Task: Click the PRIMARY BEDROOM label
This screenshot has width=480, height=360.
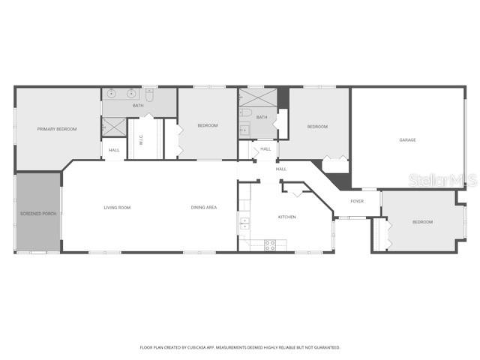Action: pyautogui.click(x=57, y=129)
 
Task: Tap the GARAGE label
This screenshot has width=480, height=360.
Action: pyautogui.click(x=407, y=139)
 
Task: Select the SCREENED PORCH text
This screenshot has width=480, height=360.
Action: pyautogui.click(x=38, y=214)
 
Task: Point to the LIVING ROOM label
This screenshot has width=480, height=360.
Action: pyautogui.click(x=117, y=207)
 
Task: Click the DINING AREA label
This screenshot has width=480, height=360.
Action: pyautogui.click(x=203, y=207)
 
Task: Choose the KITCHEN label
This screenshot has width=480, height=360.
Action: pyautogui.click(x=287, y=217)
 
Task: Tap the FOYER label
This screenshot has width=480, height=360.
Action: pyautogui.click(x=357, y=201)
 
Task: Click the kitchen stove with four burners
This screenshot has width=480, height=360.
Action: pyautogui.click(x=270, y=244)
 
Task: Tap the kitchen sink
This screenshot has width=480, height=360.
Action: pyautogui.click(x=244, y=223)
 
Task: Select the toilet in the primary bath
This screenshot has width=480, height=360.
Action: pyautogui.click(x=150, y=95)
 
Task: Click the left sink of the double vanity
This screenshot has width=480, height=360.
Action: pyautogui.click(x=112, y=94)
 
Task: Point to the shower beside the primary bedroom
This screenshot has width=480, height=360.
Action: pyautogui.click(x=114, y=128)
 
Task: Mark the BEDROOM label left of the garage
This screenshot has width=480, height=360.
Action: pyautogui.click(x=317, y=126)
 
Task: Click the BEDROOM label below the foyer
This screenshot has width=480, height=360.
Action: pyautogui.click(x=422, y=222)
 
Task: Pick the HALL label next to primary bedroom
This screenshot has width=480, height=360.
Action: pyautogui.click(x=114, y=150)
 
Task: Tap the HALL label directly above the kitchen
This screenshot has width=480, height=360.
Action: pyautogui.click(x=281, y=169)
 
